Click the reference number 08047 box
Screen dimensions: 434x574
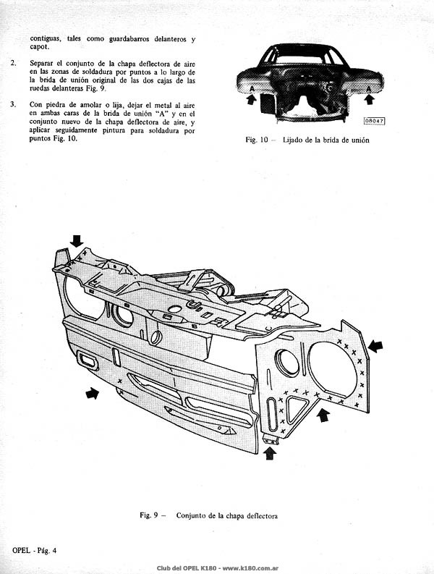pyautogui.click(x=374, y=121)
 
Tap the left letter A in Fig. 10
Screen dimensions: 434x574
pyautogui.click(x=252, y=89)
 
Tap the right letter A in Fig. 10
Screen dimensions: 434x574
pyautogui.click(x=368, y=89)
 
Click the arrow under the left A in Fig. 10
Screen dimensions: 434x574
pyautogui.click(x=252, y=99)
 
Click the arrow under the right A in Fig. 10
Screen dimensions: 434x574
pyautogui.click(x=369, y=99)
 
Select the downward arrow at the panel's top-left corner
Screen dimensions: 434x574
pyautogui.click(x=77, y=241)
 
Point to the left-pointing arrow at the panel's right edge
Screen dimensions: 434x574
pyautogui.click(x=375, y=346)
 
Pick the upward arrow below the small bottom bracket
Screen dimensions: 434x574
pyautogui.click(x=270, y=454)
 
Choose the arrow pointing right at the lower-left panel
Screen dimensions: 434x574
pyautogui.click(x=92, y=394)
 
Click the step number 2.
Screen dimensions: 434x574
pyautogui.click(x=14, y=62)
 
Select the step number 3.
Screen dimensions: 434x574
pyautogui.click(x=14, y=104)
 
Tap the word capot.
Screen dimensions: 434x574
pyautogui.click(x=40, y=47)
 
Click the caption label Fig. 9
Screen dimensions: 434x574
pyautogui.click(x=149, y=515)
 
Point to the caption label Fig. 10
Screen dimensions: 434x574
pyautogui.click(x=257, y=140)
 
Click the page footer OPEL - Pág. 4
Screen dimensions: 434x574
pyautogui.click(x=35, y=550)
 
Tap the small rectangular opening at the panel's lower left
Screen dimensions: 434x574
pyautogui.click(x=87, y=360)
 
